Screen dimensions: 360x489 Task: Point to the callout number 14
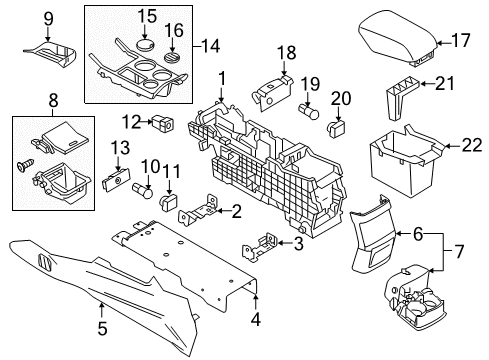coord(210,45)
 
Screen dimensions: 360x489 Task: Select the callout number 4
coord(257,321)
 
